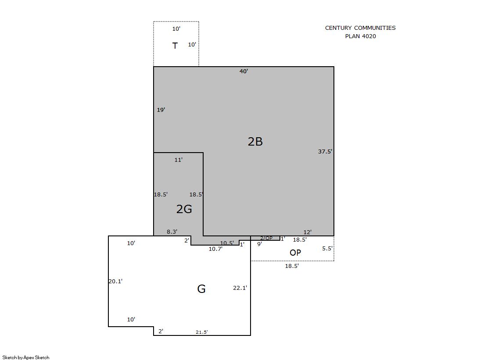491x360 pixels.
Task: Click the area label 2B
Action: click(255, 142)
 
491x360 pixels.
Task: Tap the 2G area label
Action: click(184, 209)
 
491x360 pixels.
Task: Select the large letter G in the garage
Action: click(201, 289)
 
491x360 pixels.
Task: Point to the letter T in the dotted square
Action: click(175, 46)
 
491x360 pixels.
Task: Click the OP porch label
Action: click(295, 253)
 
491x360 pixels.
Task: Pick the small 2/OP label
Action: click(266, 238)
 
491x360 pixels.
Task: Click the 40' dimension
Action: click(244, 71)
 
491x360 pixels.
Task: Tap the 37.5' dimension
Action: click(325, 152)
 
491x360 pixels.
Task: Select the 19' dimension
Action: click(161, 110)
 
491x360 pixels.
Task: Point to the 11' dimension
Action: click(179, 160)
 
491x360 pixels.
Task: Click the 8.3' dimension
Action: click(172, 232)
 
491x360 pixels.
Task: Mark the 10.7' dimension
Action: click(215, 249)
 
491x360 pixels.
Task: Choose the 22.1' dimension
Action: click(240, 288)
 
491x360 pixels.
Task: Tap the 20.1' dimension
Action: click(115, 282)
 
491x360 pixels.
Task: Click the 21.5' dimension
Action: click(202, 332)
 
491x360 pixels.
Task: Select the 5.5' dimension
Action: click(327, 249)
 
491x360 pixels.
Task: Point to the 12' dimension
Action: click(308, 232)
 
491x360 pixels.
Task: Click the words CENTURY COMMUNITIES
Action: click(360, 28)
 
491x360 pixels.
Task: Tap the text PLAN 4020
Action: click(360, 36)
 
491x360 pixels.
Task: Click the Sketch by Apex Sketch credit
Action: click(26, 357)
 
